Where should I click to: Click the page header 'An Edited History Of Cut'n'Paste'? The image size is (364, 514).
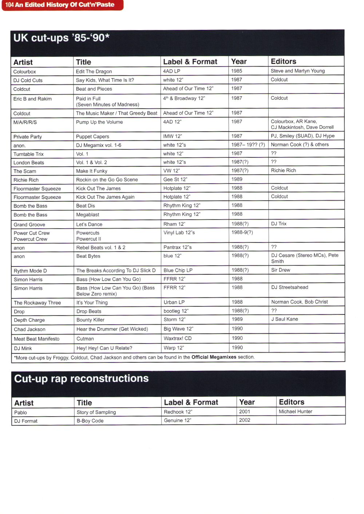tap(64, 5)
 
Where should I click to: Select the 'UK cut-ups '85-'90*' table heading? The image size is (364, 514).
tap(62, 38)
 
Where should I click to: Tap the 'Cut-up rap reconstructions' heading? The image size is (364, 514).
tap(81, 378)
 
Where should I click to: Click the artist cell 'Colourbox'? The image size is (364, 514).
tap(25, 72)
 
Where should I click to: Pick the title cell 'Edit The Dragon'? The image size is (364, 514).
tap(94, 72)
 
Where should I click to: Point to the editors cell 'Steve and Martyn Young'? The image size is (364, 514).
tap(297, 71)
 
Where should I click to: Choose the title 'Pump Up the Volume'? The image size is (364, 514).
tap(99, 122)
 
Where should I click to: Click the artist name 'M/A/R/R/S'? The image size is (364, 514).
tap(25, 122)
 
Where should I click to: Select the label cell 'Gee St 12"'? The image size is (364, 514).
tap(175, 179)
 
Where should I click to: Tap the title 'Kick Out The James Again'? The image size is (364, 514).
tap(105, 197)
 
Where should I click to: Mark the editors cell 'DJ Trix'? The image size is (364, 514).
tap(279, 224)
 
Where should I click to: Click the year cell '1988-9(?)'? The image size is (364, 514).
tap(242, 232)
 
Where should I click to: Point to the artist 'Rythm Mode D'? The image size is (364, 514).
tap(30, 271)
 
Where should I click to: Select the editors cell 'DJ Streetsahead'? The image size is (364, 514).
tap(290, 287)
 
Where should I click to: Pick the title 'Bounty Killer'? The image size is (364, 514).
tap(90, 320)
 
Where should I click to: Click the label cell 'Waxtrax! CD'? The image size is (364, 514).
tap(178, 338)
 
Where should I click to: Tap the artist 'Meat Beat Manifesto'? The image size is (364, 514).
tap(36, 339)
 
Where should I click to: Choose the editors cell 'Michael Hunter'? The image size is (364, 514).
tap(296, 411)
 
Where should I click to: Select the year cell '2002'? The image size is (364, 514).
tap(245, 420)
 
